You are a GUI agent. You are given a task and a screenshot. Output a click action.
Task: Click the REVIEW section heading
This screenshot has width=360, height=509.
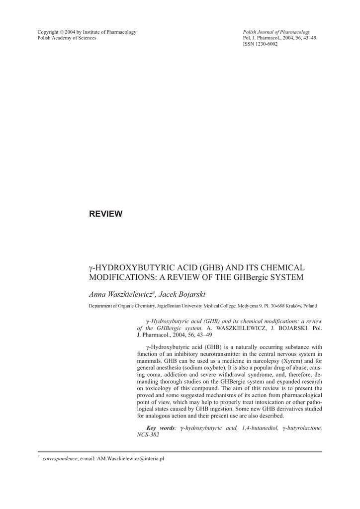tap(105, 214)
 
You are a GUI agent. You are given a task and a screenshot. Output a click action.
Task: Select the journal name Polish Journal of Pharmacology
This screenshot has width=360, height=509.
tap(276, 32)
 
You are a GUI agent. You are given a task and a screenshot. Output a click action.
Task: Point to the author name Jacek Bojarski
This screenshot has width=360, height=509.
tap(178, 295)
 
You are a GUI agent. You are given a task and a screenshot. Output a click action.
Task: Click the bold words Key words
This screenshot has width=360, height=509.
tap(160, 428)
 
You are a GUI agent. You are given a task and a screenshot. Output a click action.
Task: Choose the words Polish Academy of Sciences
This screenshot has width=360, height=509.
tap(67, 38)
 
